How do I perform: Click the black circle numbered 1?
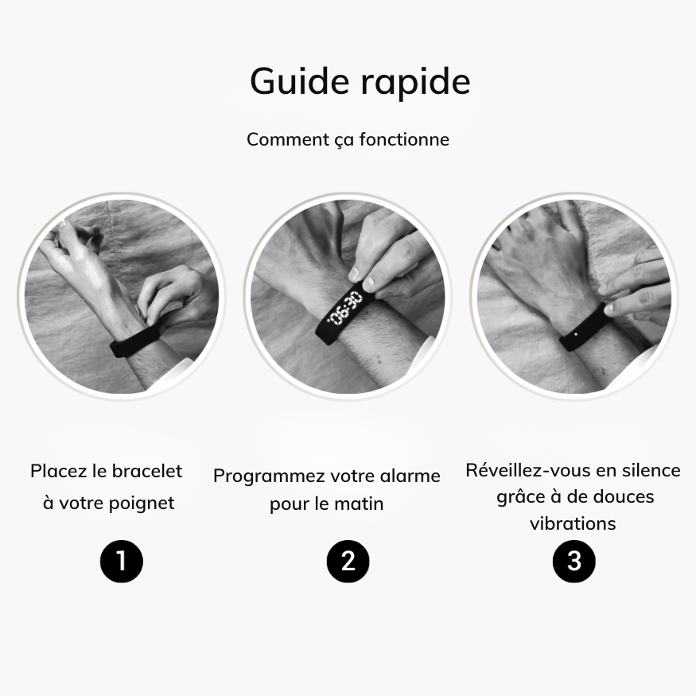121,562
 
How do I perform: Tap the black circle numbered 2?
348,562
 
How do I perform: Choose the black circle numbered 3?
574,562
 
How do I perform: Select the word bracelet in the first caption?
147,471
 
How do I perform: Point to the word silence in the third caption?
651,471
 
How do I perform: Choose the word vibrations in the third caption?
573,523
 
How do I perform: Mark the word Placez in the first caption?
58,471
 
